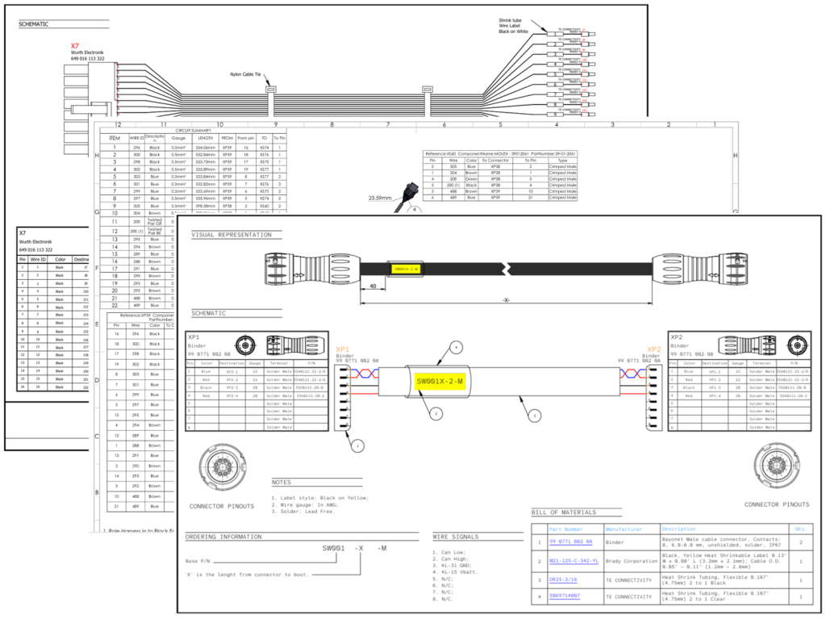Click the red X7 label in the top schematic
75,45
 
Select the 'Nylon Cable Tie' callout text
245,73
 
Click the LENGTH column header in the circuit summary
206,138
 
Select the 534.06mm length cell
206,148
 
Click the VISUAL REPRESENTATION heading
231,235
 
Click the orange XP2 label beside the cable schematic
653,351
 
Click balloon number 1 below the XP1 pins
358,444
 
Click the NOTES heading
282,482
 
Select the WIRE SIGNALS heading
455,537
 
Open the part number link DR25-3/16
565,579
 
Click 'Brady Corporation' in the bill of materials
621,560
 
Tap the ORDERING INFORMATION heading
223,537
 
